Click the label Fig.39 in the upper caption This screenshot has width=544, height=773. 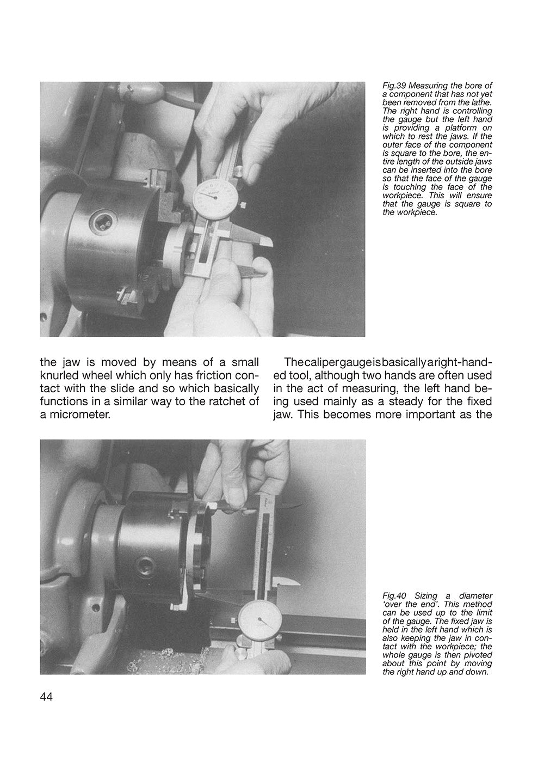click(394, 86)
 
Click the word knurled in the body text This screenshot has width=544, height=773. click(63, 375)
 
